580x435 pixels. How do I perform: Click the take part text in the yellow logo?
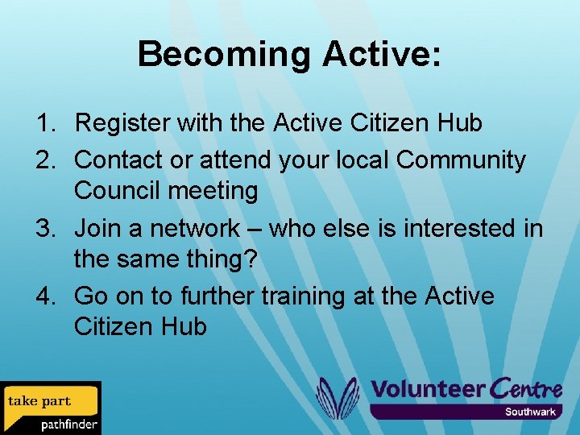tap(39, 401)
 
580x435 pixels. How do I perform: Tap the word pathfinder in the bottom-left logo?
tap(69, 424)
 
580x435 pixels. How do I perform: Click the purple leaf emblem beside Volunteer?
tap(337, 398)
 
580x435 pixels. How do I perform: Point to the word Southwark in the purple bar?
tap(530, 412)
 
